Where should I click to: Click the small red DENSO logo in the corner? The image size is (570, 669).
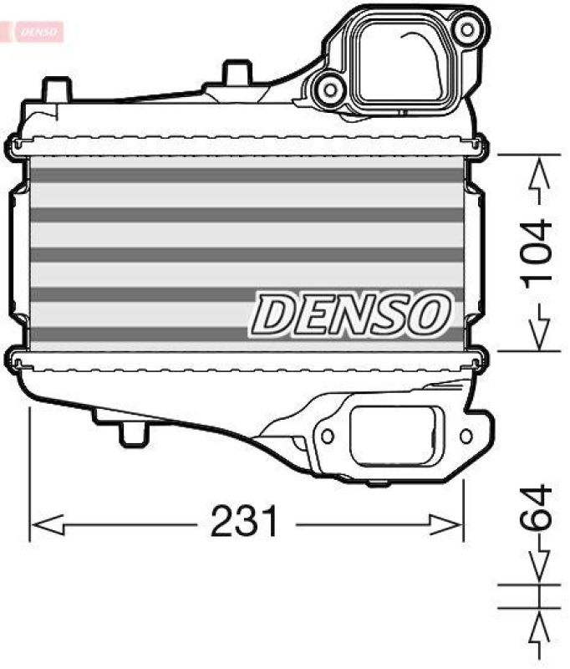33,32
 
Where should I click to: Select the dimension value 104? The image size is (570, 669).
536,253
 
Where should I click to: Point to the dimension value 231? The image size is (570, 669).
244,523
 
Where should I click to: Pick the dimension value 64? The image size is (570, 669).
536,507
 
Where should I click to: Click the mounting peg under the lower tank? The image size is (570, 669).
133,432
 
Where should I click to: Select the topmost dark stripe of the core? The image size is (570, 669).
246,176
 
